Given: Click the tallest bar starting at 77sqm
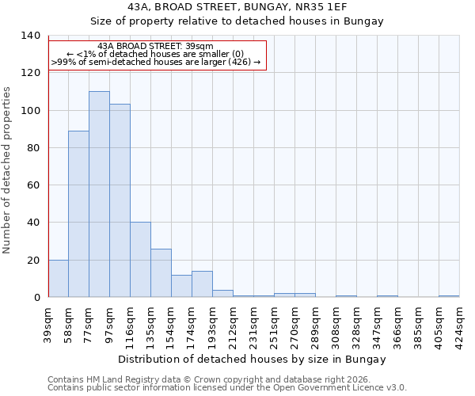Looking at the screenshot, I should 99,194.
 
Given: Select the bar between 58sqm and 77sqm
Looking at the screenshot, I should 78,214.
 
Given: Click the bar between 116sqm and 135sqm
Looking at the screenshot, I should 140,260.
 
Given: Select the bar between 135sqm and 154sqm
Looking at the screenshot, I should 161,272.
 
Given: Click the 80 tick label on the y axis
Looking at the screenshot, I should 32,148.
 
